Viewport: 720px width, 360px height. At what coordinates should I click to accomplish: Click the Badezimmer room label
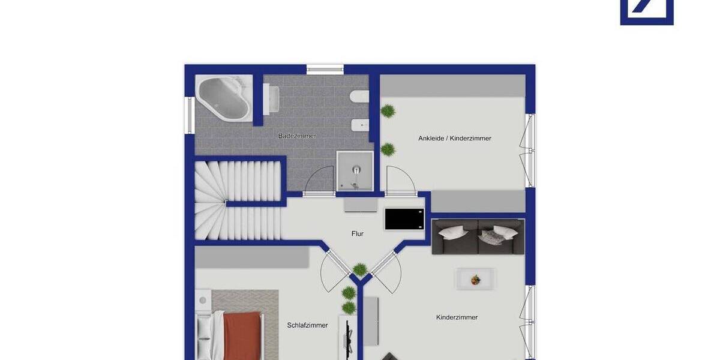tap(297, 136)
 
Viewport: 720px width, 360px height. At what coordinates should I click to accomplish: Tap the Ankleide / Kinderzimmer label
tap(455, 139)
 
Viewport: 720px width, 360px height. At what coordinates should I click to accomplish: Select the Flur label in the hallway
tap(358, 234)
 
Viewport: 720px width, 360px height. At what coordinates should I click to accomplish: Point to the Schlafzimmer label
tap(308, 325)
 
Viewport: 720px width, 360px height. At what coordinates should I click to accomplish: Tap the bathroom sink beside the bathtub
tap(271, 98)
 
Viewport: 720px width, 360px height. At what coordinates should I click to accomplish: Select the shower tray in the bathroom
tap(355, 170)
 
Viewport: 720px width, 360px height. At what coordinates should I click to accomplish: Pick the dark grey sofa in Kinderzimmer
tap(478, 236)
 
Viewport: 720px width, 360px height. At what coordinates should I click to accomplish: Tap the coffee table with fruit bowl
tap(475, 279)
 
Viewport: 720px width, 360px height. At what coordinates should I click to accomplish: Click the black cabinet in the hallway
tap(404, 219)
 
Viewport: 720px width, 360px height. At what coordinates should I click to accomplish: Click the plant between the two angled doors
tap(359, 269)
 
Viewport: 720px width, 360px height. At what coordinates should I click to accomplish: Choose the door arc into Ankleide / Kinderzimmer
tap(400, 179)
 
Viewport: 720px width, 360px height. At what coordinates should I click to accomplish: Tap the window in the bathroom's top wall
tap(325, 69)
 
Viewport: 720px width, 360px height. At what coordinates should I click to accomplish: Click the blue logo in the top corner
tap(647, 12)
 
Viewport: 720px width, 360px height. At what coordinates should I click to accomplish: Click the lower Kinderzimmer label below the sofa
tap(457, 317)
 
